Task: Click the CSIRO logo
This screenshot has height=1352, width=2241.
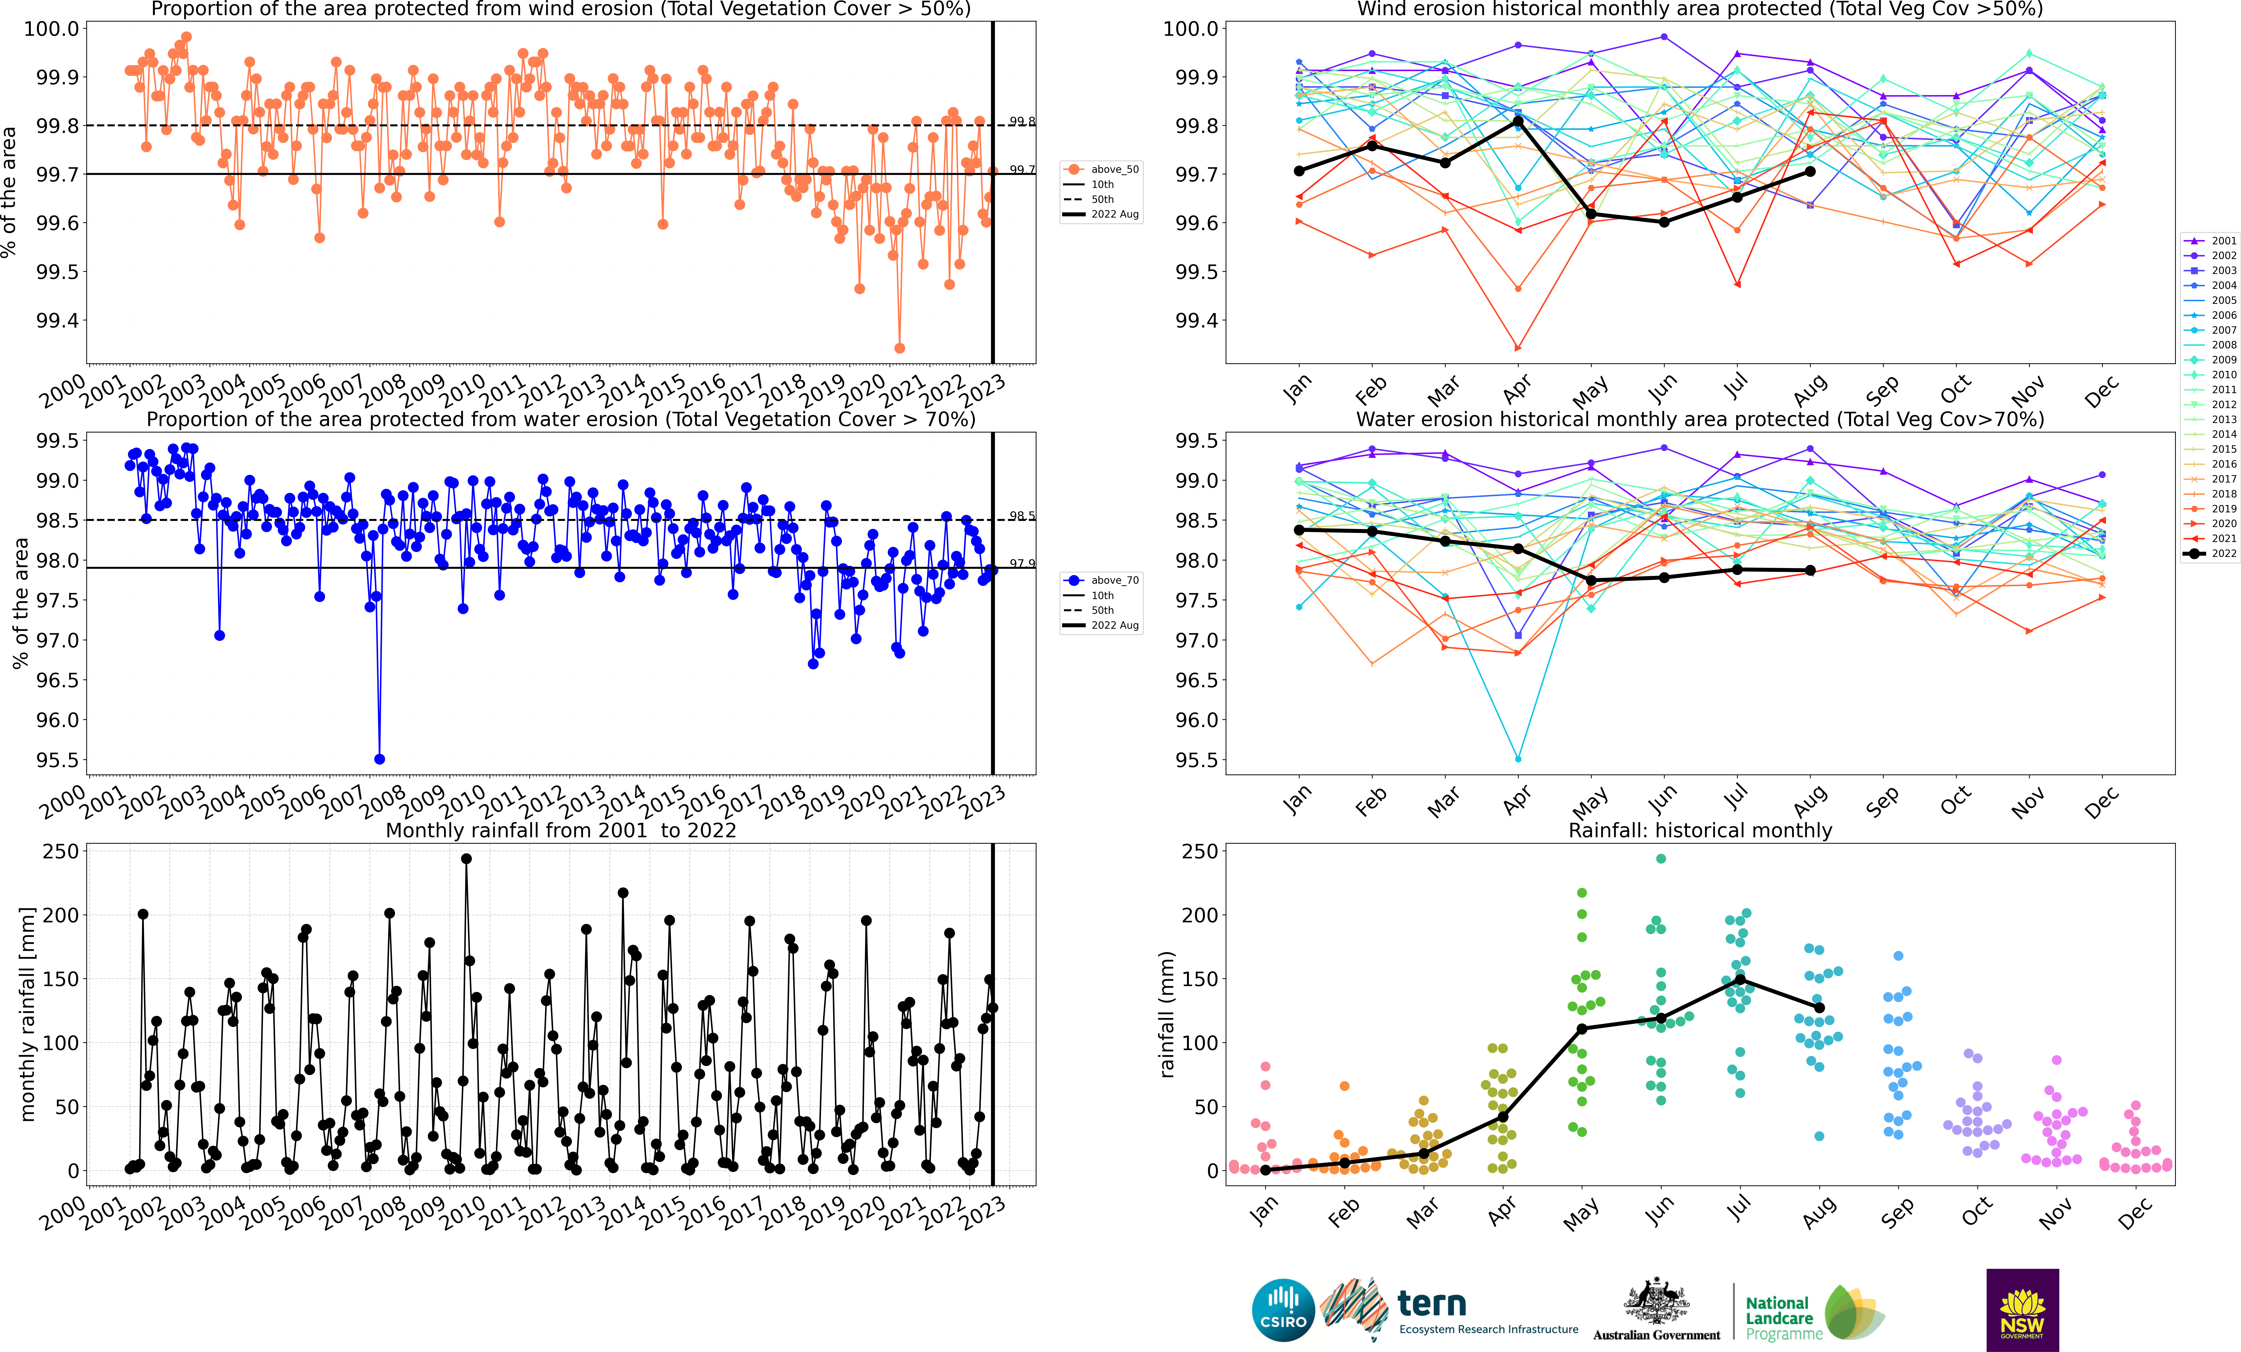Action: (1282, 1310)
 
